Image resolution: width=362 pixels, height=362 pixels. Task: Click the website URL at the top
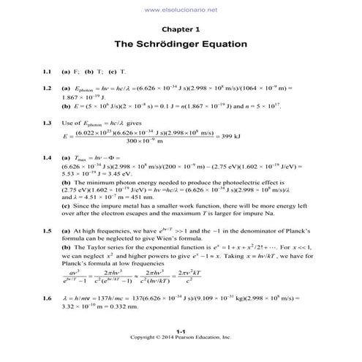(x=181, y=9)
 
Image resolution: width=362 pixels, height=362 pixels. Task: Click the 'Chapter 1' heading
(x=181, y=30)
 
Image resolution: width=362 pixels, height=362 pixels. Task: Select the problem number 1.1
(x=47, y=72)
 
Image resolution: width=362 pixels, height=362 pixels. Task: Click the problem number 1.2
(x=47, y=87)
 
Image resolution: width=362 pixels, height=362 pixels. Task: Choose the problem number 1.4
(x=47, y=158)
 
